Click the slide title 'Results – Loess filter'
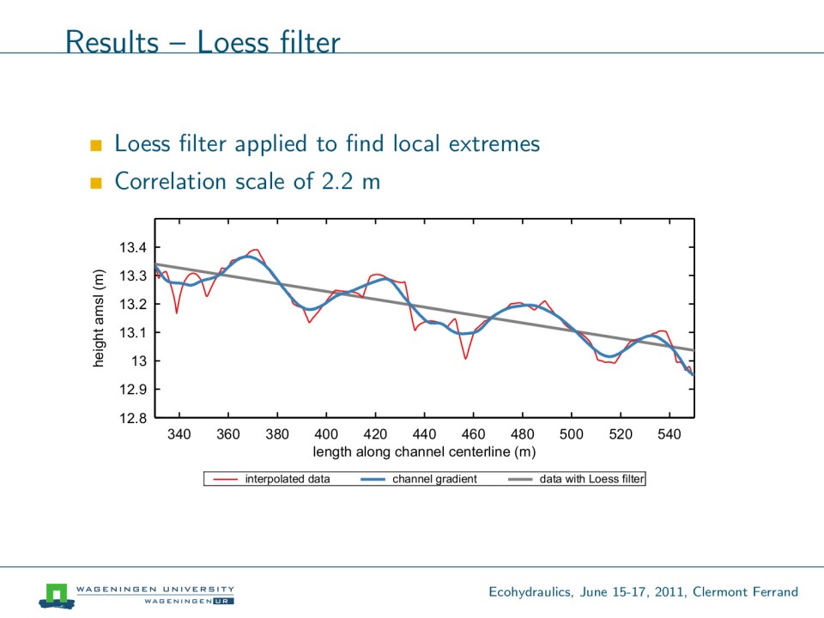click(203, 41)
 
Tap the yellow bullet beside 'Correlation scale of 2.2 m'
click(95, 183)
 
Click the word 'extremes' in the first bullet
click(494, 143)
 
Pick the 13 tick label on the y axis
click(138, 361)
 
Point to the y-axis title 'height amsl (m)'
click(99, 318)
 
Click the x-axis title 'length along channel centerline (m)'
click(424, 451)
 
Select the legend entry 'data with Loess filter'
click(591, 479)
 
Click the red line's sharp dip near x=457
click(465, 358)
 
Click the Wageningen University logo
click(57, 595)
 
